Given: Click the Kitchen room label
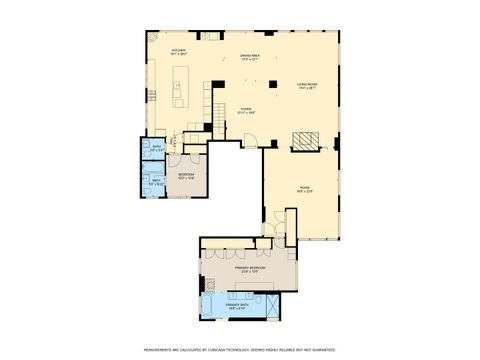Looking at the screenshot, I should pyautogui.click(x=178, y=51).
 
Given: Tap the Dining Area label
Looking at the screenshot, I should pyautogui.click(x=250, y=57).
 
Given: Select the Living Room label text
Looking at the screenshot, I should pyautogui.click(x=307, y=86).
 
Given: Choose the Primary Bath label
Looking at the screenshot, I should pyautogui.click(x=238, y=307).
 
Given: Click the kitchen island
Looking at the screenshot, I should pyautogui.click(x=180, y=86).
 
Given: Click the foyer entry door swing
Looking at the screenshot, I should pyautogui.click(x=253, y=138).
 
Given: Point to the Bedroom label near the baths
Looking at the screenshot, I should pyautogui.click(x=186, y=176).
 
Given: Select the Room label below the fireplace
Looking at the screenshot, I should pyautogui.click(x=305, y=190).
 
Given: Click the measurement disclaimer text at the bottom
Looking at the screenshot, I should pyautogui.click(x=239, y=350).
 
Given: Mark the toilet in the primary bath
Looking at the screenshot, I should pyautogui.click(x=254, y=298).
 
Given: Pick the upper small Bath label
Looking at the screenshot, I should pyautogui.click(x=156, y=150).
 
